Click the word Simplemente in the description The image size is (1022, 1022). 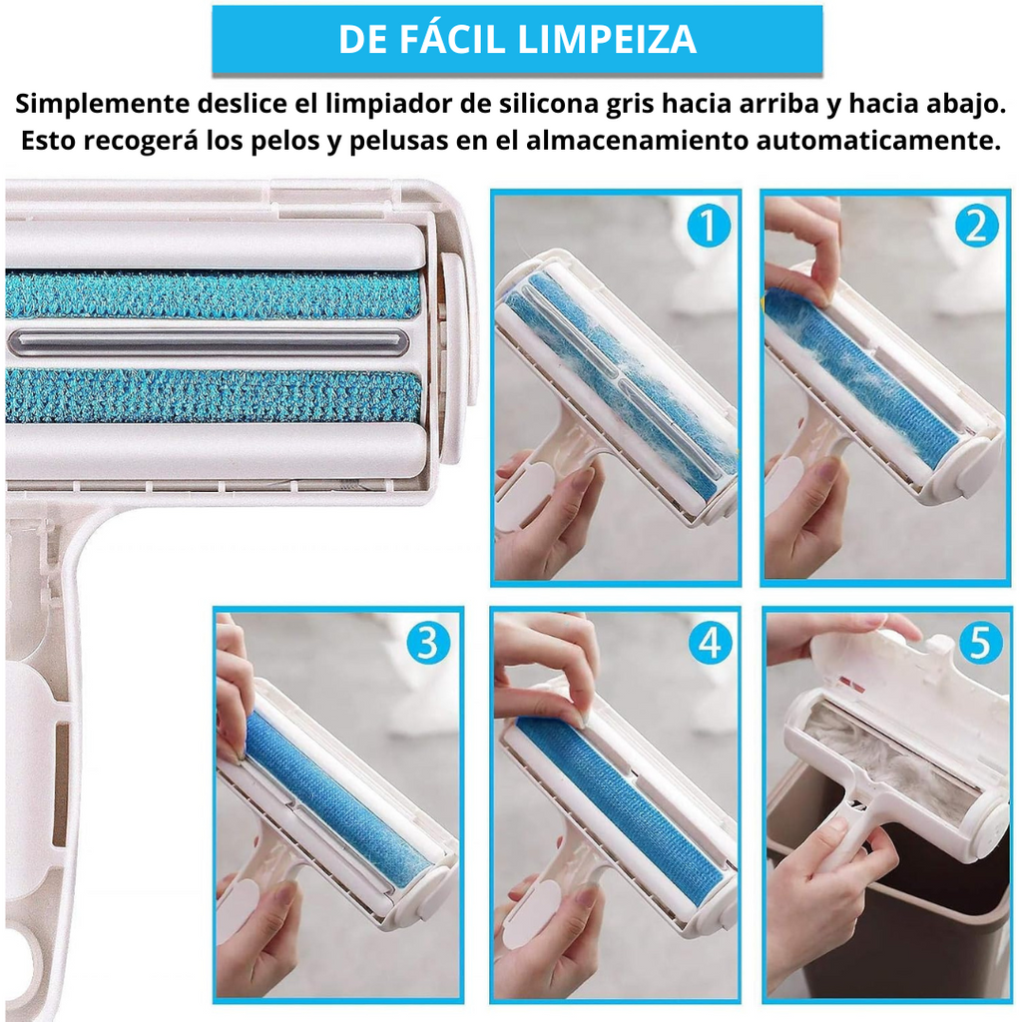(x=102, y=104)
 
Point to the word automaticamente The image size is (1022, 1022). (x=878, y=140)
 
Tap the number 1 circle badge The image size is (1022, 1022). (x=708, y=226)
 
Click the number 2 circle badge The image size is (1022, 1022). (x=976, y=226)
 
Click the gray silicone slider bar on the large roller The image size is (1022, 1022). (x=209, y=342)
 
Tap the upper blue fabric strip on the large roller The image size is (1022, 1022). (x=212, y=294)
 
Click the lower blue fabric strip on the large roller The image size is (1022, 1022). (x=212, y=395)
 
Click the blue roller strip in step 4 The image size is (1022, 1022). (x=619, y=811)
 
